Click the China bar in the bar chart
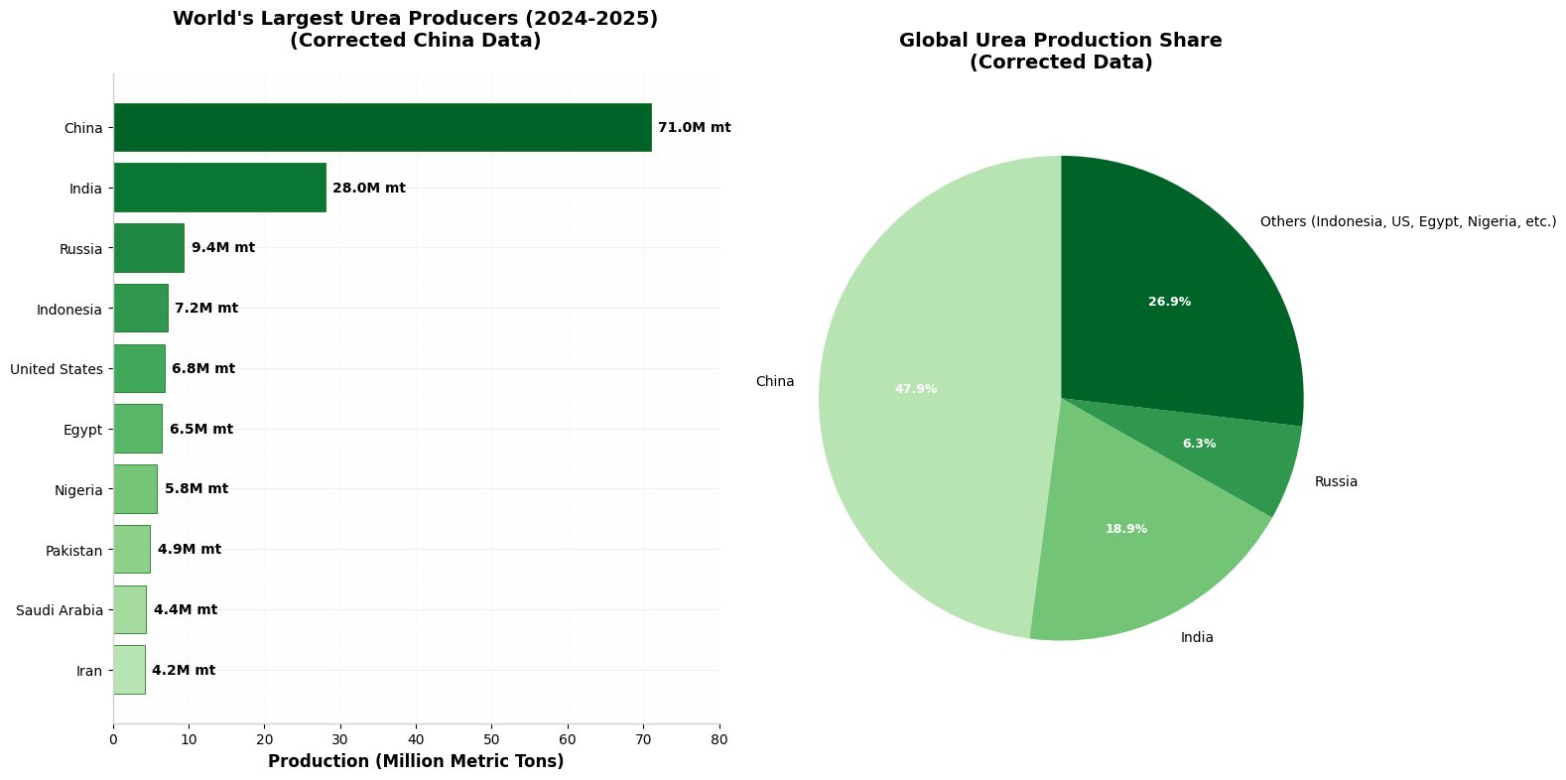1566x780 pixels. click(382, 127)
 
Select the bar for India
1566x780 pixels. click(219, 188)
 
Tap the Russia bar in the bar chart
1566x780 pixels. click(149, 247)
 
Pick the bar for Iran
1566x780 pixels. click(129, 670)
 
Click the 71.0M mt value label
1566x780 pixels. click(694, 128)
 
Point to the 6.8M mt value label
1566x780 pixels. click(203, 368)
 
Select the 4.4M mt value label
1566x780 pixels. click(186, 609)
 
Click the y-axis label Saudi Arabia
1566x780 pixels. click(60, 610)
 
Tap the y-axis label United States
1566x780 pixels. click(57, 369)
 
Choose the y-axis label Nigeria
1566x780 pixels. click(78, 489)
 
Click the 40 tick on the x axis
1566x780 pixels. click(416, 739)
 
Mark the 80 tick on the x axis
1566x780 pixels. click(719, 739)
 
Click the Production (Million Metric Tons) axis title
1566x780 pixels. click(416, 761)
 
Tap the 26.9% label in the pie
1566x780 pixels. click(1169, 302)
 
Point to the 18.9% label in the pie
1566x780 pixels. click(1126, 529)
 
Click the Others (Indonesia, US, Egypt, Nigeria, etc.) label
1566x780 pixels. click(1407, 222)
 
